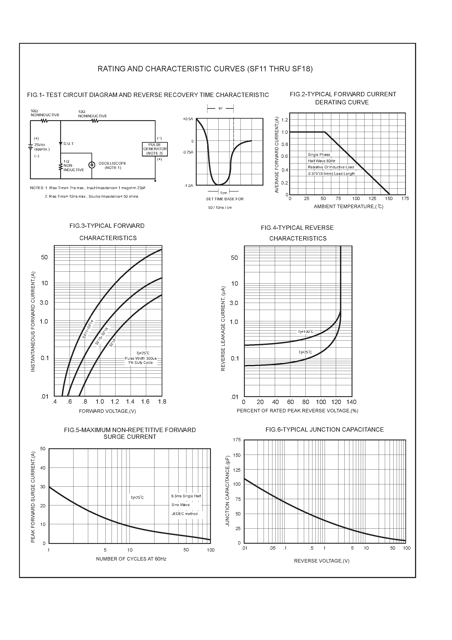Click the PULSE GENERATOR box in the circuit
coord(155,149)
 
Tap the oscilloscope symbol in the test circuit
coord(91,165)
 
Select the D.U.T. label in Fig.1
coord(68,144)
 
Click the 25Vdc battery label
coord(40,145)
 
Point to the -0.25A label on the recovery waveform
coord(187,152)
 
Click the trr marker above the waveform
coord(221,108)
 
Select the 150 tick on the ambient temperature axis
coord(389,199)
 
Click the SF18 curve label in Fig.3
coord(113,343)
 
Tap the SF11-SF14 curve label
coord(88,329)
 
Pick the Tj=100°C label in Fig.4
coord(306,332)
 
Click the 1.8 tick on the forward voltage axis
coord(162,402)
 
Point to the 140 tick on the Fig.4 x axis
coord(351,402)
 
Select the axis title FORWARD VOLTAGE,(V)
coord(107,411)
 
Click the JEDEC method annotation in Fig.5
coord(184,514)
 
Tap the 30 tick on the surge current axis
coord(43,487)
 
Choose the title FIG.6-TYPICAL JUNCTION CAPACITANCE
coord(324,429)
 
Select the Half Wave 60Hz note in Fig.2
coord(322,161)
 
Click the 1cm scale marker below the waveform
coord(224,193)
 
